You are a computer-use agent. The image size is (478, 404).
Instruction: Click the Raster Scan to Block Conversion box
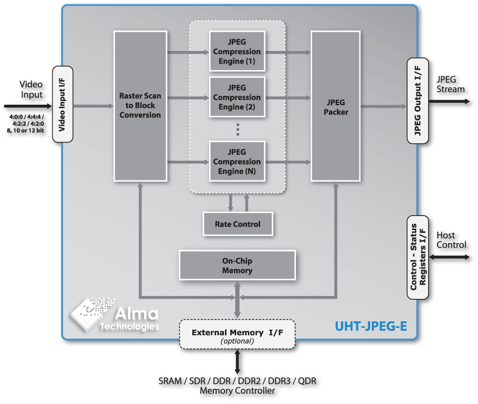(x=140, y=106)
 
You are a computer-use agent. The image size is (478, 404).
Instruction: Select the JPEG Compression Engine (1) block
(x=237, y=51)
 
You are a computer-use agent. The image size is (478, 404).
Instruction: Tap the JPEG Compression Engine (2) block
(x=237, y=97)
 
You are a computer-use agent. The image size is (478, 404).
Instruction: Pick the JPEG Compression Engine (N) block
(x=237, y=162)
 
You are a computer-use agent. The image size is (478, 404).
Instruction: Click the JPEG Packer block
(x=336, y=106)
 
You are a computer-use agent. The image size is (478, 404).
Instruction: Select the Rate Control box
(x=238, y=224)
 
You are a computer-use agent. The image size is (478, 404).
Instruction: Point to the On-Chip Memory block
(x=237, y=266)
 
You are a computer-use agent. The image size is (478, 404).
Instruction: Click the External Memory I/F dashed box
(x=238, y=334)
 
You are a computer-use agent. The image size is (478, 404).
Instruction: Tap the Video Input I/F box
(x=63, y=105)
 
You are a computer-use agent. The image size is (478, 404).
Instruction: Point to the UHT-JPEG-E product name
(x=371, y=325)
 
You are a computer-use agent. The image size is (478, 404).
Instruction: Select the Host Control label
(x=451, y=240)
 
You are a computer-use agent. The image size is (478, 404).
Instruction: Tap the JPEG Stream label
(x=450, y=84)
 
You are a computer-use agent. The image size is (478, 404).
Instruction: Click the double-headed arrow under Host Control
(x=448, y=257)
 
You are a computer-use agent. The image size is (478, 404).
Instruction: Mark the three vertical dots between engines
(x=238, y=130)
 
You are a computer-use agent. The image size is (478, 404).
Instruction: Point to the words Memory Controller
(x=237, y=391)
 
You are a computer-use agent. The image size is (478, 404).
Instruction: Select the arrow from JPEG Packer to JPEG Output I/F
(x=383, y=107)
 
